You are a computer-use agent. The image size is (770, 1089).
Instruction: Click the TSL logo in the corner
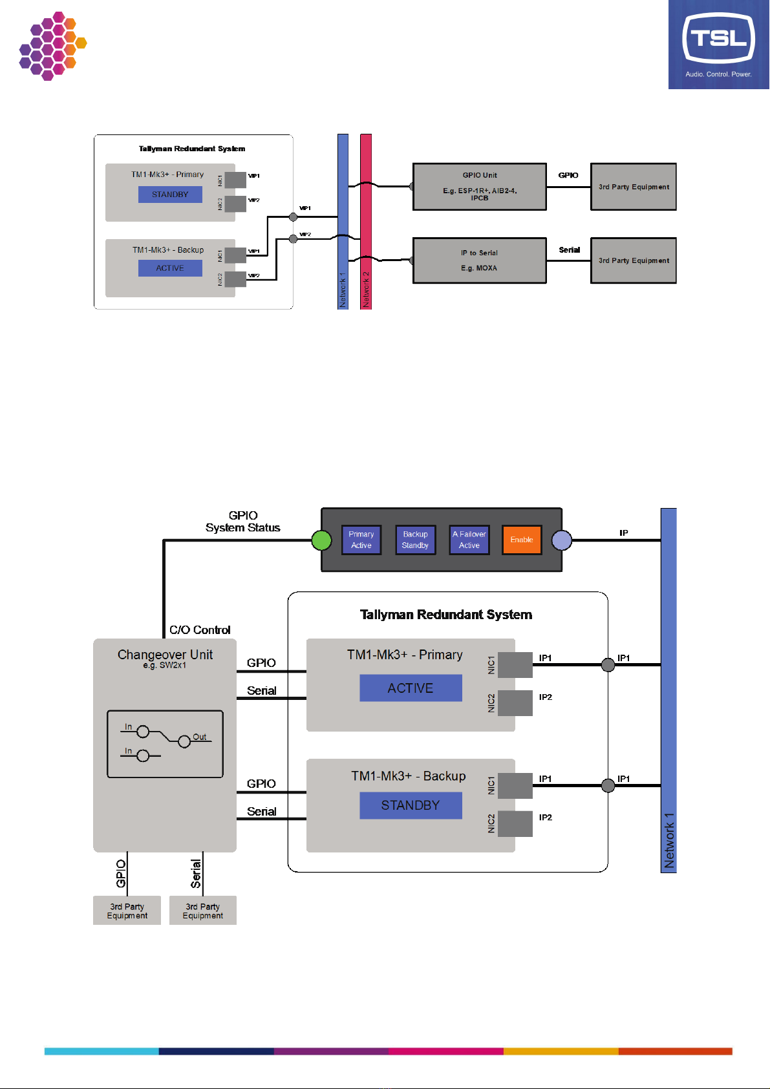pyautogui.click(x=718, y=44)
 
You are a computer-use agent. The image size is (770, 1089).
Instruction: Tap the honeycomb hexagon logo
pyautogui.click(x=52, y=46)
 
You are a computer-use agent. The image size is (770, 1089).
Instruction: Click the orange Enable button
pyautogui.click(x=522, y=540)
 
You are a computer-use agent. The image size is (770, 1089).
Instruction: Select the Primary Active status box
pyautogui.click(x=361, y=540)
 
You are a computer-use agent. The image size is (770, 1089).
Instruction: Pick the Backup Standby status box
pyautogui.click(x=415, y=540)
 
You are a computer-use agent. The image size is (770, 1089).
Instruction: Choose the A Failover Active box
pyautogui.click(x=469, y=540)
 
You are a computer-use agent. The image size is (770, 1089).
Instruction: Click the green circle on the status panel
pyautogui.click(x=321, y=540)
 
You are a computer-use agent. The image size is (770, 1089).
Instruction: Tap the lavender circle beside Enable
pyautogui.click(x=562, y=540)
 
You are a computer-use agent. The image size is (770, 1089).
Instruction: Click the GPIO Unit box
pyautogui.click(x=480, y=187)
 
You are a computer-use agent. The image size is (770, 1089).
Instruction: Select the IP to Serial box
pyautogui.click(x=480, y=260)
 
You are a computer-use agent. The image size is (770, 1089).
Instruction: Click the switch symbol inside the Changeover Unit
pyautogui.click(x=165, y=744)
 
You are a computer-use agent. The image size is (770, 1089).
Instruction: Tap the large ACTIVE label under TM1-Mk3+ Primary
pyautogui.click(x=411, y=688)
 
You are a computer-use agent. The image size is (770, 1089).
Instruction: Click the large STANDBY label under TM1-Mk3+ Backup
pyautogui.click(x=411, y=805)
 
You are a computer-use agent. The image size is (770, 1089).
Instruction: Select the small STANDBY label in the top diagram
pyautogui.click(x=170, y=195)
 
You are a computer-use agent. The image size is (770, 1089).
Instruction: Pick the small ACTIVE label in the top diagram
pyautogui.click(x=170, y=268)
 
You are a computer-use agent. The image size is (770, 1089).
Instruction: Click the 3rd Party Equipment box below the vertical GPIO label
pyautogui.click(x=127, y=911)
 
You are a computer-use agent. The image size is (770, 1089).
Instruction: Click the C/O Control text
pyautogui.click(x=200, y=630)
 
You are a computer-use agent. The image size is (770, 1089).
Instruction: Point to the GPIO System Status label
pyautogui.click(x=243, y=522)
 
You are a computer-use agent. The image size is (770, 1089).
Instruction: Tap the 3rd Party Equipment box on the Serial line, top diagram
pyautogui.click(x=634, y=260)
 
